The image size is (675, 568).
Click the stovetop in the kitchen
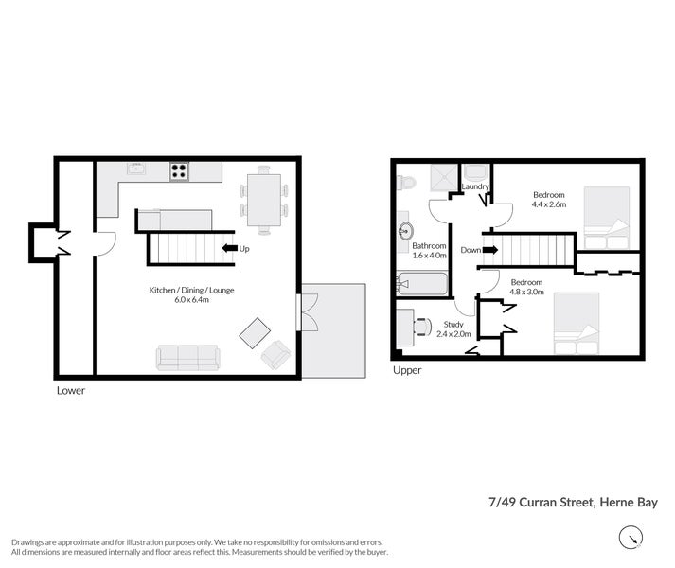pos(179,171)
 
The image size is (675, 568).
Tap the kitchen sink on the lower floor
pos(135,170)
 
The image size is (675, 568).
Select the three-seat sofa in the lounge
pos(187,357)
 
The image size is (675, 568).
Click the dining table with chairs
pos(262,200)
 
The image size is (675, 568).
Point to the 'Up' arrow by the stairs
pos(229,249)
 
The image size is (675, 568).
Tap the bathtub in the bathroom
pos(421,283)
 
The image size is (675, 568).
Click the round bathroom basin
pos(407,229)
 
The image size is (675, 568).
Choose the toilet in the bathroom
pos(403,182)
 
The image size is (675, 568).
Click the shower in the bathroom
pos(438,177)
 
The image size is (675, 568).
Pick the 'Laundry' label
pos(475,187)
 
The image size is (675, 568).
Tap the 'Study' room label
pos(453,324)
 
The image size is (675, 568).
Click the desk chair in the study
pos(422,327)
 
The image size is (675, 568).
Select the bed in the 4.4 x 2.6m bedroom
pos(606,213)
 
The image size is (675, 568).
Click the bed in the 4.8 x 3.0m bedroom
pos(577,320)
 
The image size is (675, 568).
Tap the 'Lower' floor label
pos(71,390)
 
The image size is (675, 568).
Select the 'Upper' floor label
pos(407,370)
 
